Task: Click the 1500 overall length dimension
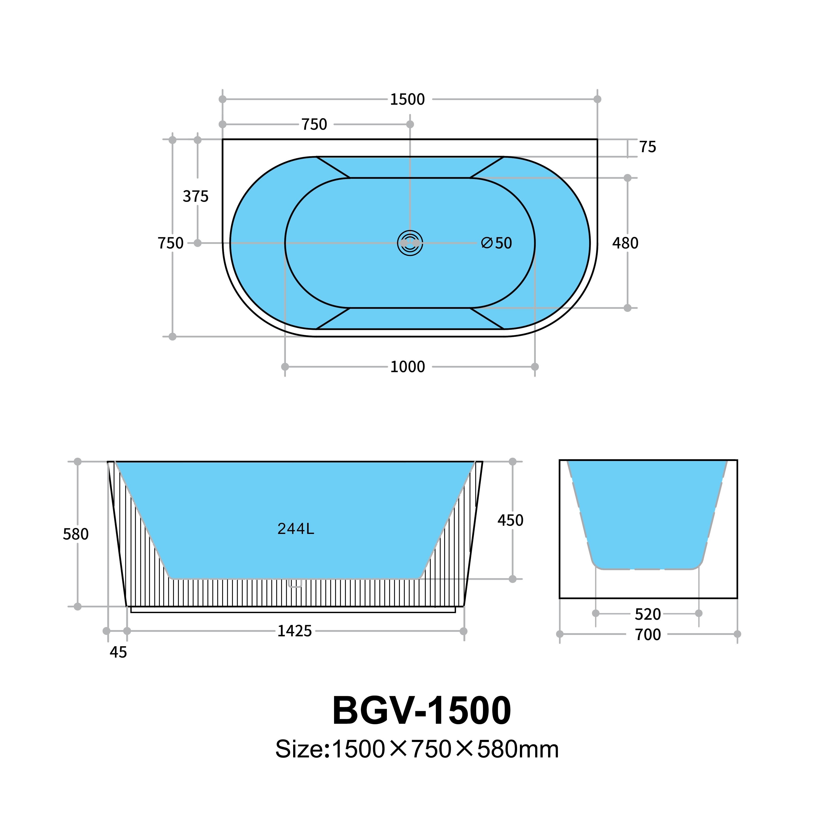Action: pyautogui.click(x=407, y=99)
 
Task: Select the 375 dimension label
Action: pyautogui.click(x=195, y=196)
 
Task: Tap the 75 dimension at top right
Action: pyautogui.click(x=647, y=147)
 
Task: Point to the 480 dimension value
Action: pyautogui.click(x=625, y=243)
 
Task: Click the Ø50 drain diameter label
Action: pyautogui.click(x=496, y=243)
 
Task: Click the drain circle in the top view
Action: pyautogui.click(x=410, y=243)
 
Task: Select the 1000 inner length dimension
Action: pyautogui.click(x=407, y=367)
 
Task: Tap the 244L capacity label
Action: pyautogui.click(x=295, y=529)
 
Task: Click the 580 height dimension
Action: pyautogui.click(x=76, y=534)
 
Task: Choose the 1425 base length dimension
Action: pyautogui.click(x=295, y=631)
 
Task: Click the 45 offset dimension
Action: pyautogui.click(x=118, y=652)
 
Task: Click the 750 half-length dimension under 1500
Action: pyautogui.click(x=314, y=125)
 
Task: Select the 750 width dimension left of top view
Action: pyautogui.click(x=170, y=243)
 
